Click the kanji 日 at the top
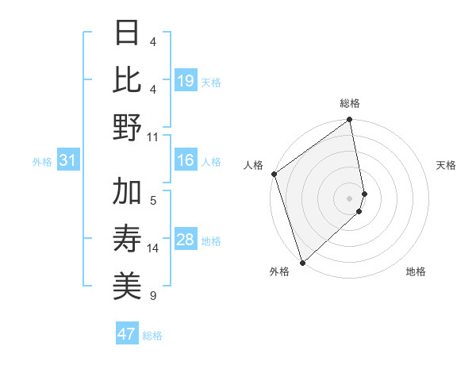[x=127, y=33]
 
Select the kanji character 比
[x=127, y=79]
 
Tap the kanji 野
[x=127, y=128]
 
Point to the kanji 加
[x=127, y=192]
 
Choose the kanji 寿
[x=127, y=240]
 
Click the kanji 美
[x=127, y=286]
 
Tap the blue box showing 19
[x=185, y=80]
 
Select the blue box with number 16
[x=185, y=161]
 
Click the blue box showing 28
[x=185, y=240]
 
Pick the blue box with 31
[x=67, y=161]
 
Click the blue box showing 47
[x=127, y=334]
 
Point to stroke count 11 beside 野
[x=153, y=137]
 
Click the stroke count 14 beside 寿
[x=153, y=248]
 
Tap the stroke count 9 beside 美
[x=153, y=296]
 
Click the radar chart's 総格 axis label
[x=350, y=103]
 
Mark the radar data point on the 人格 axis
[x=274, y=174]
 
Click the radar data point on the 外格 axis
[x=302, y=262]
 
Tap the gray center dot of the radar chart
[x=350, y=198]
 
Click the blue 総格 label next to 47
[x=152, y=336]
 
